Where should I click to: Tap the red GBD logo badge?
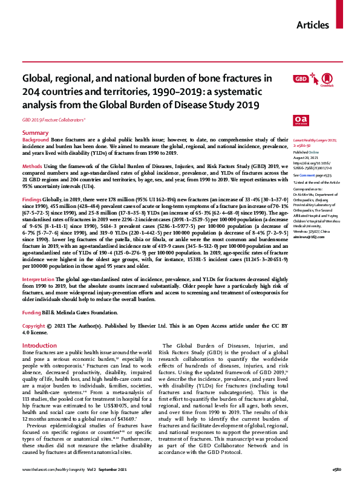tap(300, 79)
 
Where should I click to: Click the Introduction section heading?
tap(39, 345)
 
